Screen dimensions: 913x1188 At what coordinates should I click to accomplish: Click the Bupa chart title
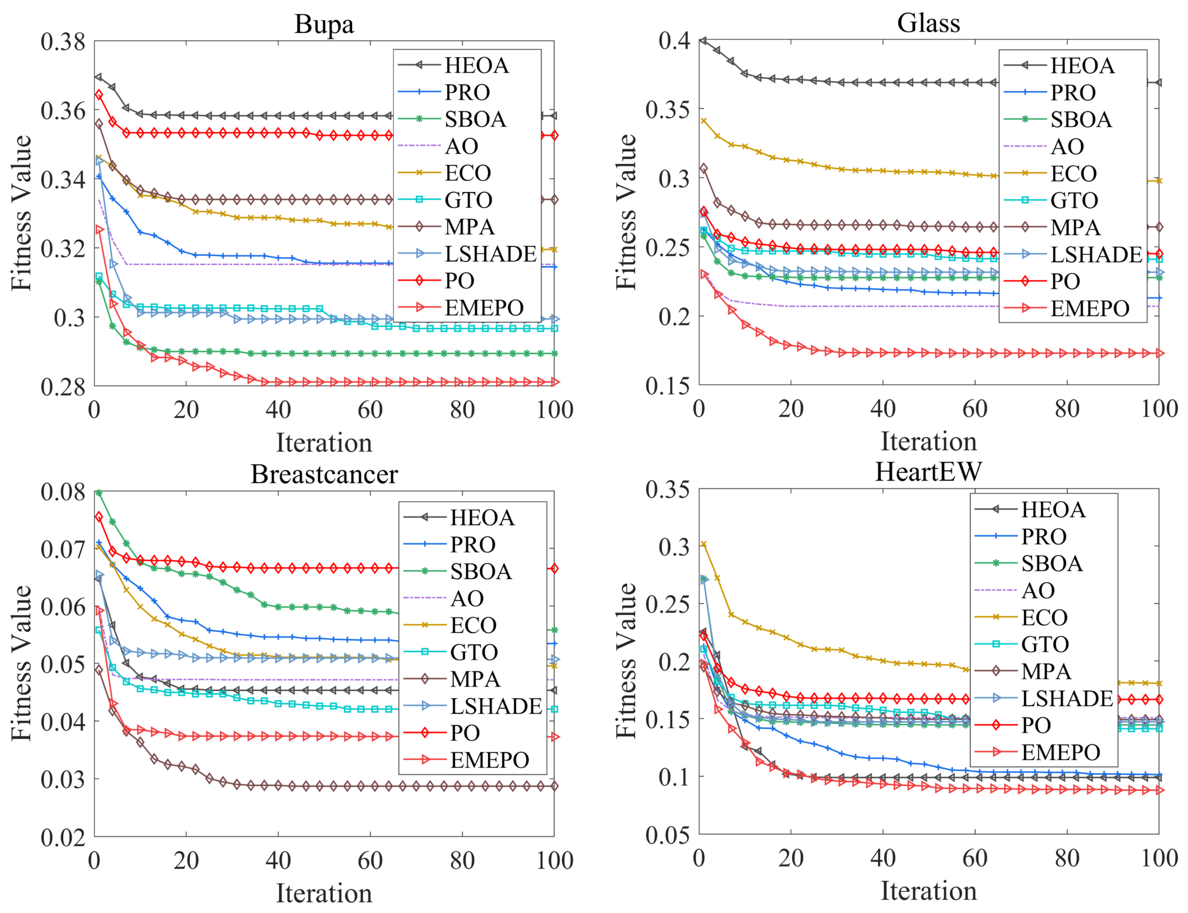324,25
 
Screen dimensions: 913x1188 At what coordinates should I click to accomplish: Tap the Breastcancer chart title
324,475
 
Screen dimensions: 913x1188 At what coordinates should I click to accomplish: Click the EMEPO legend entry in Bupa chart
484,308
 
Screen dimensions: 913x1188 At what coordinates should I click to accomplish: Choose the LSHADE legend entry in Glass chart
1096,254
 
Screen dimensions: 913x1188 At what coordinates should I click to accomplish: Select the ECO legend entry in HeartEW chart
1044,617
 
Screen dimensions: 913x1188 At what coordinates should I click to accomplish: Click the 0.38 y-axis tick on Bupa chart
63,41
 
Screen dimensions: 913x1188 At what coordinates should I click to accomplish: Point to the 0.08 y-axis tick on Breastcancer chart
63,492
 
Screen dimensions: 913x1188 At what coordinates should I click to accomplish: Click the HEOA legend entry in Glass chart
1082,66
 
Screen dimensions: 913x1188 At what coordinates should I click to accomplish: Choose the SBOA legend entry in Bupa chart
475,119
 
